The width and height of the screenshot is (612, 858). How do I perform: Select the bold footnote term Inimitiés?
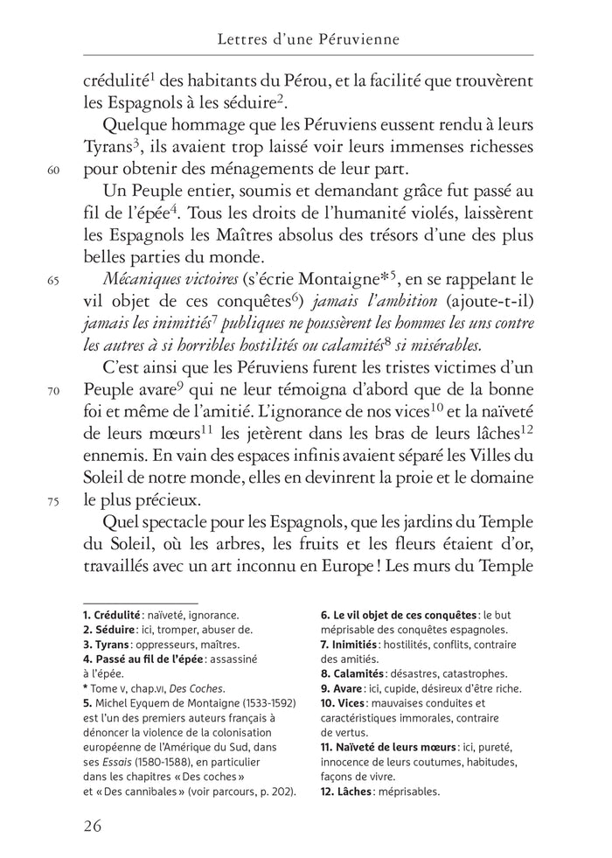tap(361, 645)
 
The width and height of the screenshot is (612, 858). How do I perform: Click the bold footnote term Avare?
tap(352, 687)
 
